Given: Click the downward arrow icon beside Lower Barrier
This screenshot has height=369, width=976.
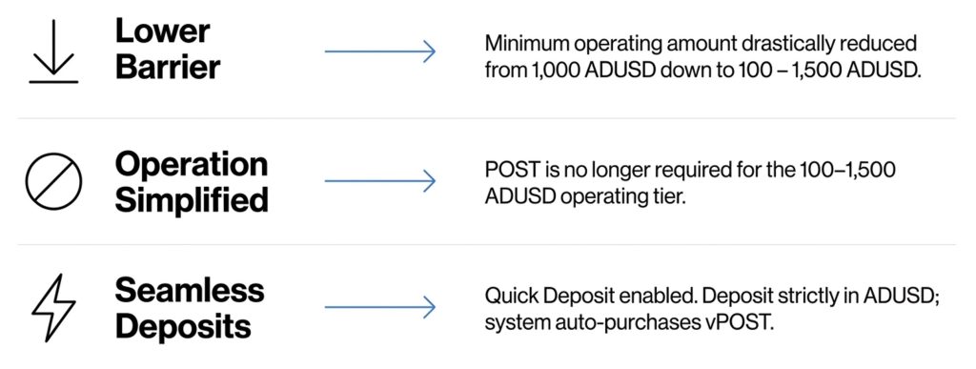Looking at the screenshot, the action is pyautogui.click(x=53, y=51).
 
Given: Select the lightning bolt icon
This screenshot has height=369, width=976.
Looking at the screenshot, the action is pyautogui.click(x=53, y=307).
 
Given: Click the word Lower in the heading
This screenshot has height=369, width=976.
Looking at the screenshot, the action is pyautogui.click(x=162, y=31).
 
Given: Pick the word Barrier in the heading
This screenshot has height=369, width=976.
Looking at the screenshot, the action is pyautogui.click(x=168, y=67).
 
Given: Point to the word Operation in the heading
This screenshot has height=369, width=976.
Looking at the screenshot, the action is pyautogui.click(x=192, y=165).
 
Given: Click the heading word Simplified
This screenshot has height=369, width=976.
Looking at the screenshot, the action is pyautogui.click(x=192, y=200).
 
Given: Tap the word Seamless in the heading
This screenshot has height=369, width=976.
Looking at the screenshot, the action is pyautogui.click(x=190, y=291).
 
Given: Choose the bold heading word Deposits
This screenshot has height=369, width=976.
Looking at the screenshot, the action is pyautogui.click(x=184, y=327).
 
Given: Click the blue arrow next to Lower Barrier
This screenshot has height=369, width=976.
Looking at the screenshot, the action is pyautogui.click(x=379, y=51).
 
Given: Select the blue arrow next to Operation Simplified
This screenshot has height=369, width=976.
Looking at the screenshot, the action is pyautogui.click(x=379, y=181).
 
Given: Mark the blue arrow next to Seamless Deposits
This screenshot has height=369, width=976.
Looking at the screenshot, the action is pyautogui.click(x=379, y=307).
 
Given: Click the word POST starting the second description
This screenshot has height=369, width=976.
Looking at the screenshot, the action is pyautogui.click(x=505, y=170).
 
